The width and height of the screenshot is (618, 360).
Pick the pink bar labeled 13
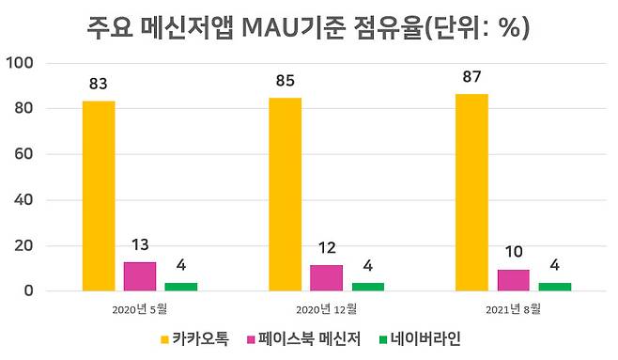point(140,276)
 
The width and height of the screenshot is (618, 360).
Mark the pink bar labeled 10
point(513,280)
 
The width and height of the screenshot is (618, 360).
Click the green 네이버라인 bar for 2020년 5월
point(181,286)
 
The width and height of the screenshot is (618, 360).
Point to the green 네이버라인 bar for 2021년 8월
point(554,286)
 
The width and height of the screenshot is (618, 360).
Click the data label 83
point(99,84)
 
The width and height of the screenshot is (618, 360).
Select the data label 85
point(285,80)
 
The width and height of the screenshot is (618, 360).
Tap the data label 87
point(471,76)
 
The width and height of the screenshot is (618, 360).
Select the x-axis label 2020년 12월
point(326,308)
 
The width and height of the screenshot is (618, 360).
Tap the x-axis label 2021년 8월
point(513,308)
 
